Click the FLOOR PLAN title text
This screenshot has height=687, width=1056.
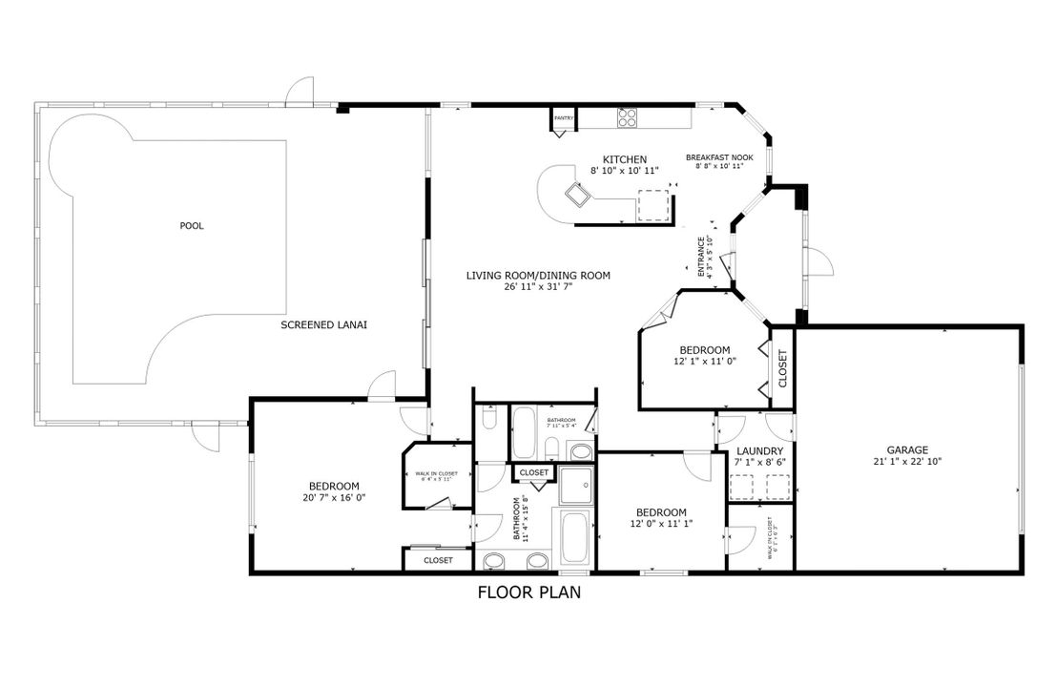click(529, 593)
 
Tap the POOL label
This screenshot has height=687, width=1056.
click(192, 226)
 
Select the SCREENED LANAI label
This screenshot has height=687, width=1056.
click(323, 325)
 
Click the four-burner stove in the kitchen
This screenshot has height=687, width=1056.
click(627, 117)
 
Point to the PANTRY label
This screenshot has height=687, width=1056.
click(564, 118)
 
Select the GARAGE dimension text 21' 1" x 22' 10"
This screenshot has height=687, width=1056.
click(907, 461)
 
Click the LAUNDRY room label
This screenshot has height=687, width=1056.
click(760, 451)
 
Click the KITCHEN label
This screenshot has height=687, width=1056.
click(625, 159)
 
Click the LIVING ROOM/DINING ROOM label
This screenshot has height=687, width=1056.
click(537, 276)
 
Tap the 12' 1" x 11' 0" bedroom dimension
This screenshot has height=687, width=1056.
click(704, 362)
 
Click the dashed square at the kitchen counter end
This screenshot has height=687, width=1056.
click(653, 205)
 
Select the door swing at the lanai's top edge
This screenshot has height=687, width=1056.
click(300, 91)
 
